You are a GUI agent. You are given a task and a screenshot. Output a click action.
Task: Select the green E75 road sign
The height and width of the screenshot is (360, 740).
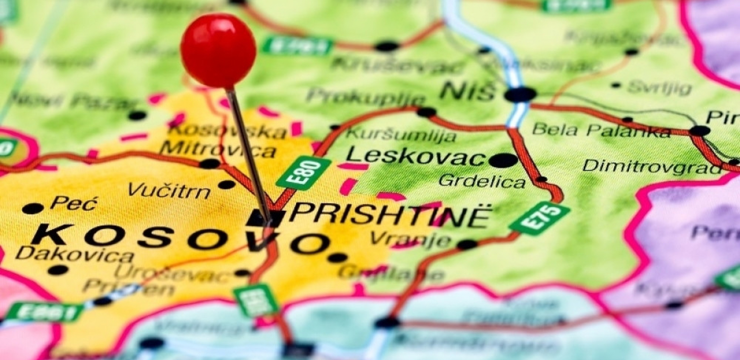tap(539, 218)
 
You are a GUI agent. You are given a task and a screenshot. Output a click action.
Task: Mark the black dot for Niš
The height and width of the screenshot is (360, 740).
tap(520, 95)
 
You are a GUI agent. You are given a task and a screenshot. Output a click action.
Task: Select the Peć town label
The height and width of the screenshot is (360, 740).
tap(74, 203)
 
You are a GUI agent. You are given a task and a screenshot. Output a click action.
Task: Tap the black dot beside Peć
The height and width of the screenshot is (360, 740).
tap(33, 209)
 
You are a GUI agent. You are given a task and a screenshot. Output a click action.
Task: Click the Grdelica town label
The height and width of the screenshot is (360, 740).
tap(482, 181)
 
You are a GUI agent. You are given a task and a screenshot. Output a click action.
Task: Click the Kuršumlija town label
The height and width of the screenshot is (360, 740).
tap(401, 135)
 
